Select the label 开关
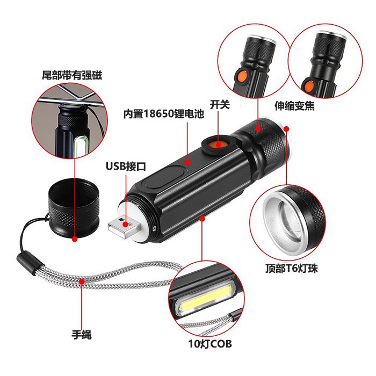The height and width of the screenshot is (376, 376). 220,104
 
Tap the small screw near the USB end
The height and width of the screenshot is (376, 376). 154,228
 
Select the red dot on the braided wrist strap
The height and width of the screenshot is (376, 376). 82,287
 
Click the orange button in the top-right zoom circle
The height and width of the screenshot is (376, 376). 308,85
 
